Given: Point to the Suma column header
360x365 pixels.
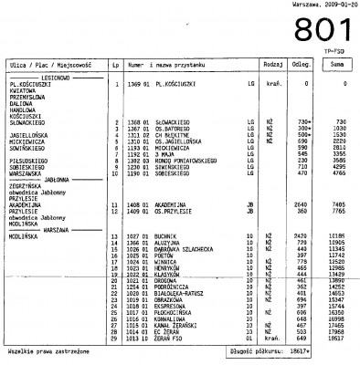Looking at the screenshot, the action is pos(336,66).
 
